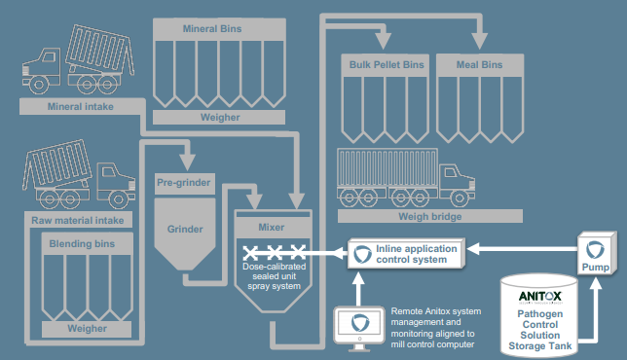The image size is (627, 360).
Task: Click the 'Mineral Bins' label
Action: [212, 29]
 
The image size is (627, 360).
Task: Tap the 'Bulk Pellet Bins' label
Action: [387, 65]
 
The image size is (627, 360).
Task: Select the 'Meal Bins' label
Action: [479, 65]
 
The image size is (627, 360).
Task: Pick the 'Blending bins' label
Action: [86, 240]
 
